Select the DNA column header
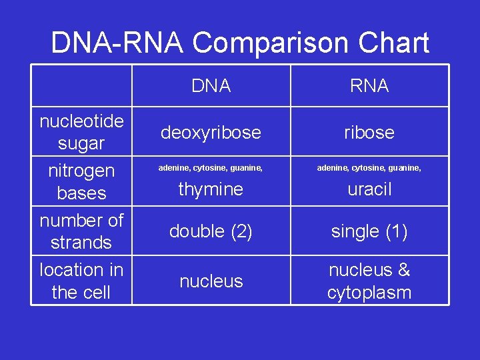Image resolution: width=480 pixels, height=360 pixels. tap(211, 86)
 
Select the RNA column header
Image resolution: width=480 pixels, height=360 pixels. tap(369, 86)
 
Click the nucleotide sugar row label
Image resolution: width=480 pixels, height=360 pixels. tap(81, 132)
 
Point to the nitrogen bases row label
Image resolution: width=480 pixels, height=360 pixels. tap(81, 181)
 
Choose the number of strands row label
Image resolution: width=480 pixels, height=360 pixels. tap(81, 231)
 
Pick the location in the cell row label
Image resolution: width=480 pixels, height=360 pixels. tap(81, 281)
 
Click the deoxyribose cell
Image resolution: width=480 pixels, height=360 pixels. tap(211, 133)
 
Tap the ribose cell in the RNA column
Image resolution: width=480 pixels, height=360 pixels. tap(369, 133)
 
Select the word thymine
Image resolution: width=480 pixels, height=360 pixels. tap(211, 189)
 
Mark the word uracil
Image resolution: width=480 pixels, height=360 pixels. tap(369, 189)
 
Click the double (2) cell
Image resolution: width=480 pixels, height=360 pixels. tap(211, 231)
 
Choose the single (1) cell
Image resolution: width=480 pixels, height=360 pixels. tap(369, 231)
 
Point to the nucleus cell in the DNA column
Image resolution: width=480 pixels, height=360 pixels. tap(211, 281)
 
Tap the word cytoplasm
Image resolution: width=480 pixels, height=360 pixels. tap(369, 293)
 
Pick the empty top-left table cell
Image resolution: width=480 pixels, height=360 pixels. tap(81, 85)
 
